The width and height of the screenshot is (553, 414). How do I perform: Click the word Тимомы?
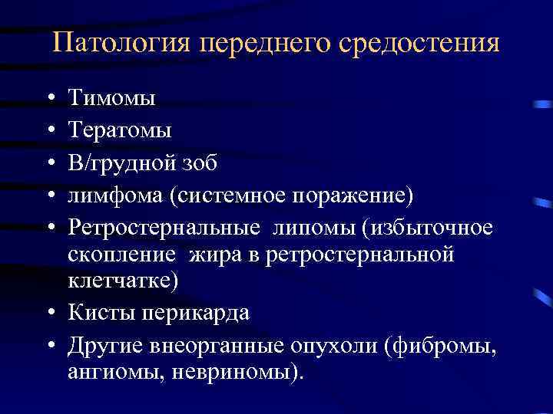click(111, 98)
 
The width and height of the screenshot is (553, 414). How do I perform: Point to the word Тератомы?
click(120, 131)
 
